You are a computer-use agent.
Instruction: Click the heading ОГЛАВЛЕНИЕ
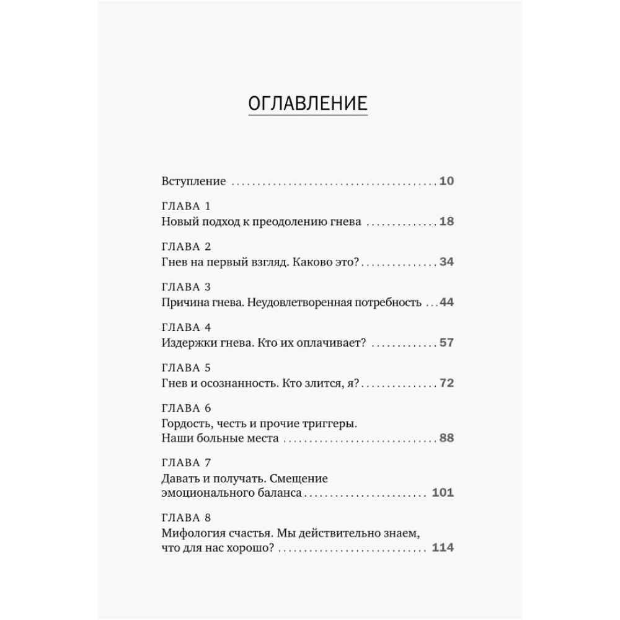[x=308, y=103]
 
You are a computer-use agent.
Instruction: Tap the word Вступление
[x=193, y=182]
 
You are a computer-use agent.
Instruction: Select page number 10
[x=446, y=182]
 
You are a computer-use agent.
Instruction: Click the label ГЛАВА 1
[x=186, y=206]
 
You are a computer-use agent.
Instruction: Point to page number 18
[x=446, y=221]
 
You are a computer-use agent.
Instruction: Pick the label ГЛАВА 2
[x=186, y=247]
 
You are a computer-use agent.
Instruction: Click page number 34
[x=446, y=262]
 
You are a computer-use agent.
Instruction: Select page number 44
[x=446, y=303]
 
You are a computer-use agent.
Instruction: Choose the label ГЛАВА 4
[x=186, y=327]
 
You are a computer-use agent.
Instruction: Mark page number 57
[x=446, y=343]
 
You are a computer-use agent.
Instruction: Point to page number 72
[x=446, y=383]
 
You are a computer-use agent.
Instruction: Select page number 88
[x=446, y=438]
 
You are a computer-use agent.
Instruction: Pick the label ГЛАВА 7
[x=186, y=463]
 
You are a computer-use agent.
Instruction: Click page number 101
[x=443, y=493]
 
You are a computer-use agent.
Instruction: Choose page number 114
[x=443, y=548]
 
